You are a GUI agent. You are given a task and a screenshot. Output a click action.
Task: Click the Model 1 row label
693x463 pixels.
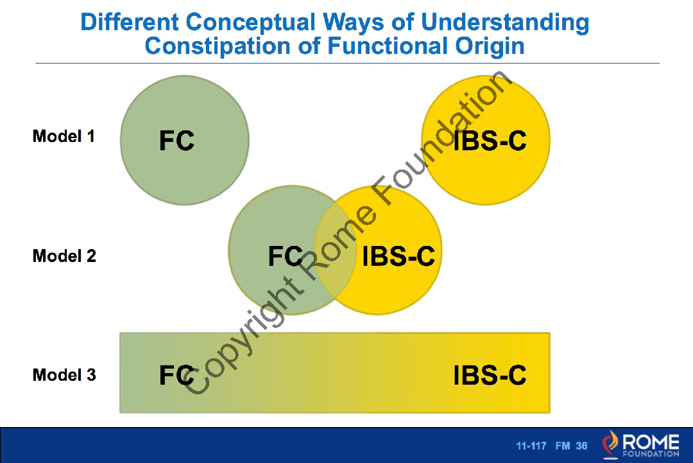point(64,136)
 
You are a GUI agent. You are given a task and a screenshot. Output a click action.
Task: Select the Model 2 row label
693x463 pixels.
point(64,256)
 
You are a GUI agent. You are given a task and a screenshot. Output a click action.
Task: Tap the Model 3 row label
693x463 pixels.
point(64,375)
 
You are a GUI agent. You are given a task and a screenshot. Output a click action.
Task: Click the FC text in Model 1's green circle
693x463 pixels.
point(177,141)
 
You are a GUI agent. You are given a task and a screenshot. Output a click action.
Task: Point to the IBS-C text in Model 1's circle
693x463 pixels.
point(490,141)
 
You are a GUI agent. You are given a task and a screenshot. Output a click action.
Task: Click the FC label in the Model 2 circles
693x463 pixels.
point(286,256)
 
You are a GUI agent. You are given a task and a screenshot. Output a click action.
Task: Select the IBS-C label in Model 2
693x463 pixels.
point(398,256)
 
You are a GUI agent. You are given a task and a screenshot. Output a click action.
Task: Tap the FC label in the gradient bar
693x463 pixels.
point(177,375)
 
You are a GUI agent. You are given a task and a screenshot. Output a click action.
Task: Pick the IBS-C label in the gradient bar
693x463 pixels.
point(490,375)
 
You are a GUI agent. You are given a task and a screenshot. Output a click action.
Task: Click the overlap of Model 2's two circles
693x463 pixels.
point(335,250)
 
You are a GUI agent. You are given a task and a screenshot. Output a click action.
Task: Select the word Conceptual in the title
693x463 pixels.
point(250,22)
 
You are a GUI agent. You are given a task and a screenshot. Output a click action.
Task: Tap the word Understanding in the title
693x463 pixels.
point(505,22)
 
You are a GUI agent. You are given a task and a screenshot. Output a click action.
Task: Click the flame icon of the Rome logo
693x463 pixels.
point(610,443)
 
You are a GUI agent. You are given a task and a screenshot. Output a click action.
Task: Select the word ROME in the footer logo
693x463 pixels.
point(651,442)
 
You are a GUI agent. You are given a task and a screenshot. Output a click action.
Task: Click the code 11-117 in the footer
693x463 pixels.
point(531,446)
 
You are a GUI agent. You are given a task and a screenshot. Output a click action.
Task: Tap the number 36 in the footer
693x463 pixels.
point(581,446)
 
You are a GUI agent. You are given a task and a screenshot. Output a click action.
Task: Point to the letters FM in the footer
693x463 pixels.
point(563,446)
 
